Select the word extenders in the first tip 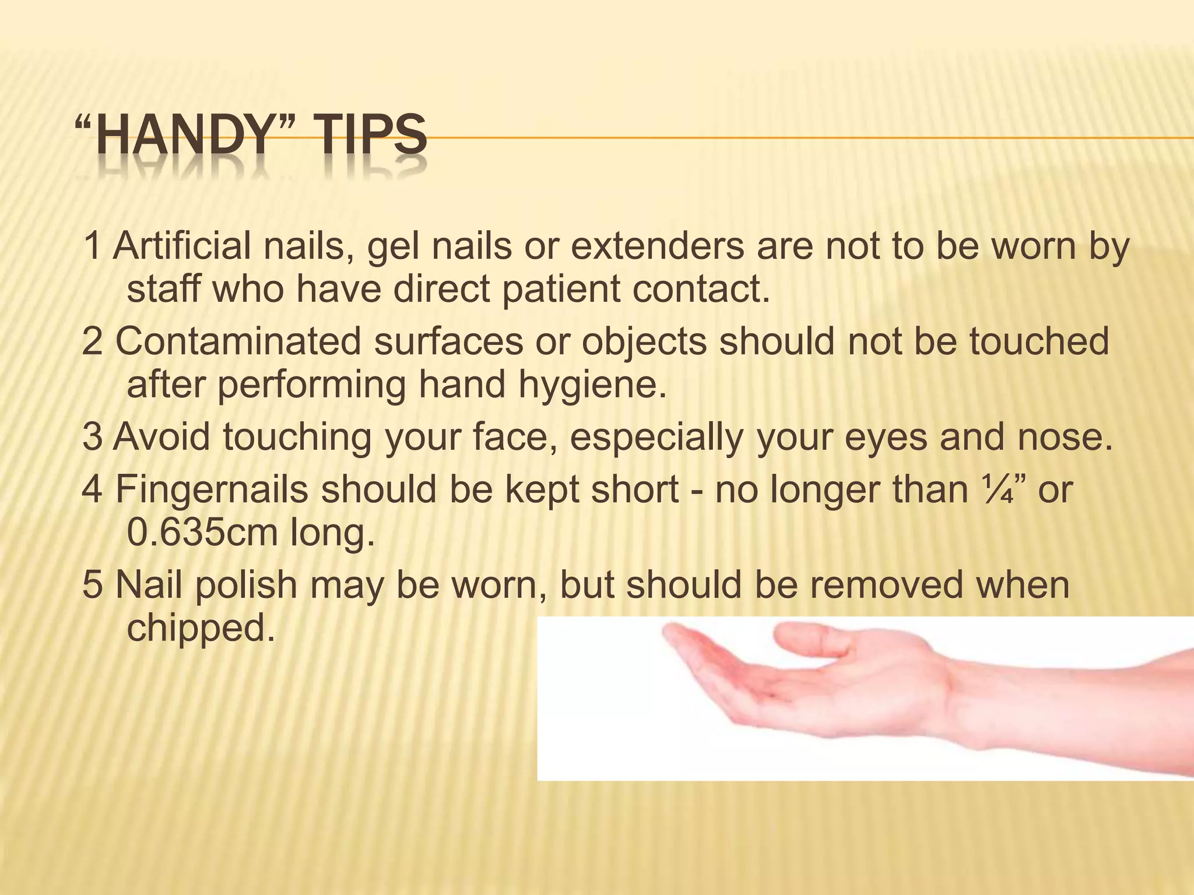(657, 246)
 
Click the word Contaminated (238, 341)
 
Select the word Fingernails (212, 489)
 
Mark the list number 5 (92, 585)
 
